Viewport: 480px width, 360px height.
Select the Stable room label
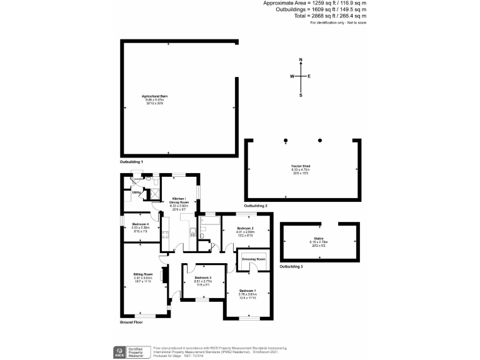pyautogui.click(x=320, y=239)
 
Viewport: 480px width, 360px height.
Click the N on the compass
pyautogui.click(x=301, y=60)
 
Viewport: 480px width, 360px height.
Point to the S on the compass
pyautogui.click(x=301, y=96)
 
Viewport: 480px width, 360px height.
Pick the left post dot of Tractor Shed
pyautogui.click(x=286, y=140)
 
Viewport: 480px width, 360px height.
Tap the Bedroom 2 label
pyautogui.click(x=244, y=228)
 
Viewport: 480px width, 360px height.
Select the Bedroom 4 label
pyautogui.click(x=140, y=223)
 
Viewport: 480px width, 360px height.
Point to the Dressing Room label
pyautogui.click(x=254, y=259)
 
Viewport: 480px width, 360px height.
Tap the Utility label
pyautogui.click(x=136, y=192)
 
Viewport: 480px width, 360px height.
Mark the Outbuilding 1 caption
pyautogui.click(x=132, y=162)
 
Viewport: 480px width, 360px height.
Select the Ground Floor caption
pyautogui.click(x=132, y=322)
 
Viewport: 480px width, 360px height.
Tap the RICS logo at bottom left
pyautogui.click(x=117, y=352)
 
